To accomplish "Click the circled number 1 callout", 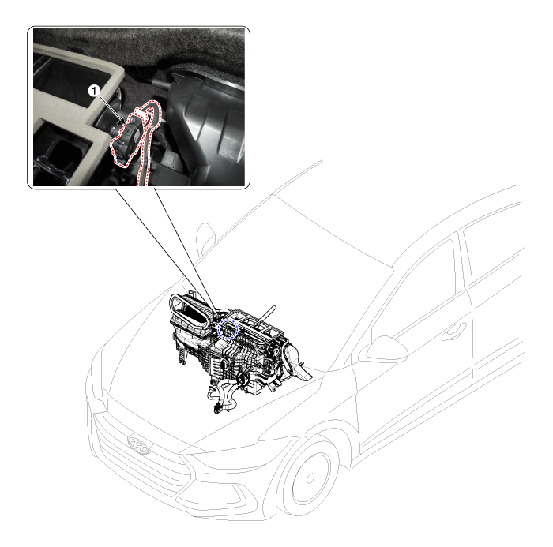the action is pos(94,91).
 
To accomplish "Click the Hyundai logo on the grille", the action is pos(138,445).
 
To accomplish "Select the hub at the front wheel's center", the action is pos(310,478).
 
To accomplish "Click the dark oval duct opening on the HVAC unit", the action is pos(192,312).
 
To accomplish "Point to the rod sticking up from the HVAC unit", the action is pos(268,313).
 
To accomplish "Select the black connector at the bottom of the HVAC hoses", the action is pos(217,408).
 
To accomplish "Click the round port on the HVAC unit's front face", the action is pos(224,362).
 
